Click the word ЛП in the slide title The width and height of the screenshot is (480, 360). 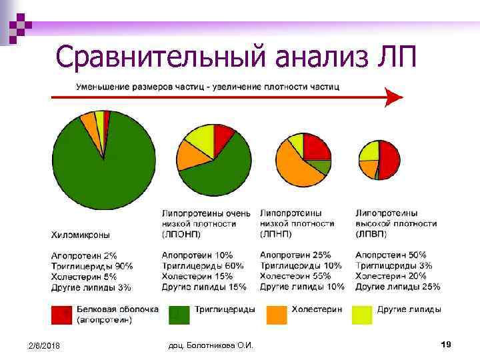pos(391,58)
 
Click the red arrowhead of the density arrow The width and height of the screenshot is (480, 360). pos(395,97)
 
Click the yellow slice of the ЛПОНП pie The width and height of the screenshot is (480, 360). pos(200,137)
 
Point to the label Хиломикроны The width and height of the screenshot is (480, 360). pos(81,235)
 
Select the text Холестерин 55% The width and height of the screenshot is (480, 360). pos(298,276)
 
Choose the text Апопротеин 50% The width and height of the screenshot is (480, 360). pos(391,255)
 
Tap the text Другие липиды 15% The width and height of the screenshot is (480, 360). pos(204,287)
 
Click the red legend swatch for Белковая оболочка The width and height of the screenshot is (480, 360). pos(62,314)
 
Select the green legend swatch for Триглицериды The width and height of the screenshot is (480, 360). pos(179,314)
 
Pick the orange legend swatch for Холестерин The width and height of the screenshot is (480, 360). pos(276,314)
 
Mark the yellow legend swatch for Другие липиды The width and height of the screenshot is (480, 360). pos(361,314)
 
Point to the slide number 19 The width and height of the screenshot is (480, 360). pos(446,344)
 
